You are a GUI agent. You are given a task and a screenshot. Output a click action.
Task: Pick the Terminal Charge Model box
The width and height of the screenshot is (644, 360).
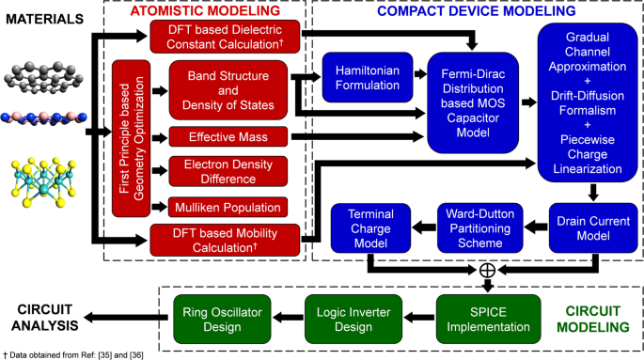(x=368, y=227)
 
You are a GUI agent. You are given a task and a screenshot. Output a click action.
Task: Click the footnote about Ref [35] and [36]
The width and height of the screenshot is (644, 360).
(x=77, y=353)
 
